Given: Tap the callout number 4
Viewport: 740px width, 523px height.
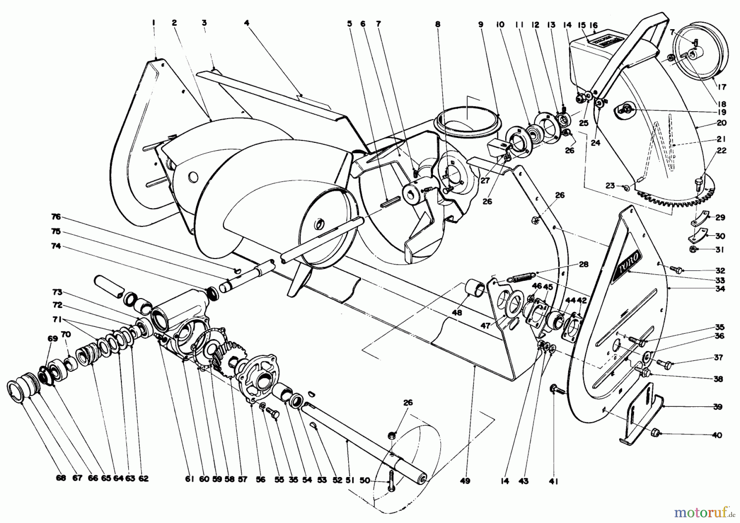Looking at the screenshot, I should point(247,24).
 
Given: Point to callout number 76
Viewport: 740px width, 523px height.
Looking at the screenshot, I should point(56,216).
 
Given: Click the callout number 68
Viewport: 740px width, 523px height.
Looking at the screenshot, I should point(60,478).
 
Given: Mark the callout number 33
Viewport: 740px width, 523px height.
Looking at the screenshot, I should point(719,281).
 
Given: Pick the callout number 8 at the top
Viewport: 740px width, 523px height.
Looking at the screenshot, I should point(438,24).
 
